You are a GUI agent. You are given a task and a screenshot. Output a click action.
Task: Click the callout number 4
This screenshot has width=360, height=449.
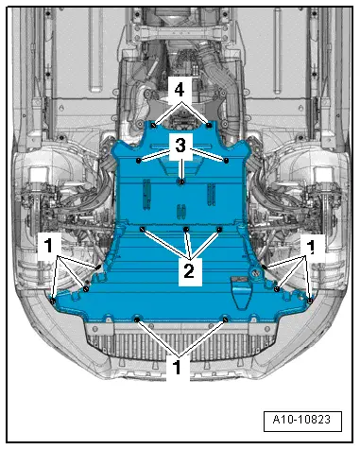[180, 91]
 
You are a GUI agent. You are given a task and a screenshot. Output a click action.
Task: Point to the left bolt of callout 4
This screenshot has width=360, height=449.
[153, 123]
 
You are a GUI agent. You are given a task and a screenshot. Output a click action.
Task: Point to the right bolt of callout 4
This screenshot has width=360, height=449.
[207, 124]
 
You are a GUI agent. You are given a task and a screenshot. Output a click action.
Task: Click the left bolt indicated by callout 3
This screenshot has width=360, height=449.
[139, 161]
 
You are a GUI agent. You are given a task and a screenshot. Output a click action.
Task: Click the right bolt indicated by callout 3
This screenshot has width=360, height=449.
[228, 160]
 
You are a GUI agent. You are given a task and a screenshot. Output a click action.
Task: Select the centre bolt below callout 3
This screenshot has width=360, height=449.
[181, 180]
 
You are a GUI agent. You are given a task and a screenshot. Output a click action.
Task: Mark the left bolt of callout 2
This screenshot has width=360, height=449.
[142, 229]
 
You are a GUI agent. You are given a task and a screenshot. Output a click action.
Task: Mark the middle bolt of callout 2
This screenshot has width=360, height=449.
[187, 230]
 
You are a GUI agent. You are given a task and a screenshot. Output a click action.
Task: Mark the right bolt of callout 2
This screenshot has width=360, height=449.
[219, 229]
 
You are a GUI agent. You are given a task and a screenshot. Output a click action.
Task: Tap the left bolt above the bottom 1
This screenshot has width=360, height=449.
[138, 319]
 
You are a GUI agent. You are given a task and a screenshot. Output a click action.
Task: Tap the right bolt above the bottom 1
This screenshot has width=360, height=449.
[225, 319]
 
